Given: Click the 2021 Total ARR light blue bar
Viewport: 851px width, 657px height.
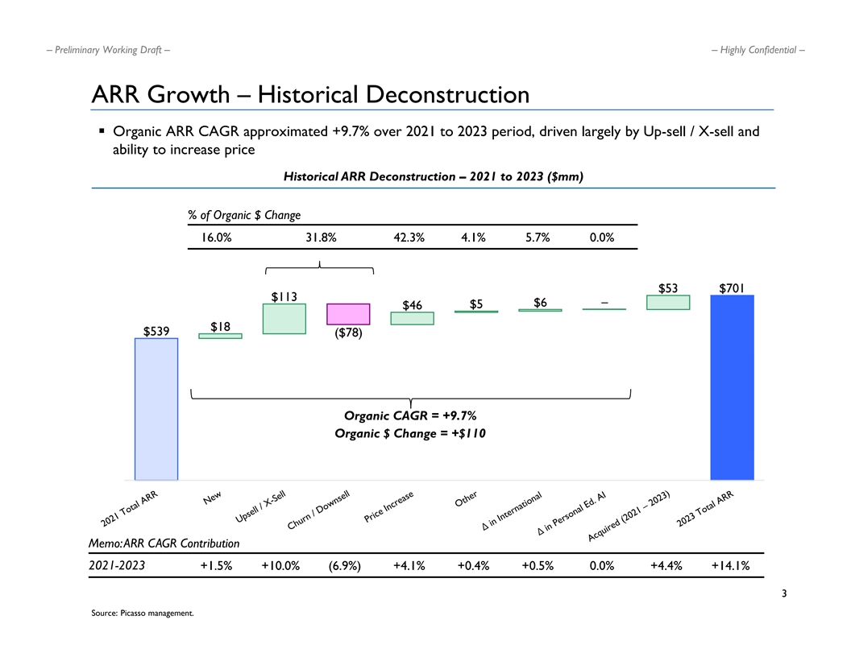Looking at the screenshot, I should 156,409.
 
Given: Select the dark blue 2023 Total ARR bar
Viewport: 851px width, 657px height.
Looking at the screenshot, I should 732,387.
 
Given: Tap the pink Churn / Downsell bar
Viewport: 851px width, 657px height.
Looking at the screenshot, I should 348,314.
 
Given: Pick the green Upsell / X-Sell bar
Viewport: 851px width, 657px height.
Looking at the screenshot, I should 284,319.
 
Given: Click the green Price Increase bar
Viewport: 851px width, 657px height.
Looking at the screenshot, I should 412,319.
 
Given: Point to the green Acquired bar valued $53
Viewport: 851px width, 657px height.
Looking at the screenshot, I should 668,302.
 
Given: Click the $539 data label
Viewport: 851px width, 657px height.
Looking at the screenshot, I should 156,331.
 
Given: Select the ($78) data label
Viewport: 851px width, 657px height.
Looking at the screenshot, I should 348,333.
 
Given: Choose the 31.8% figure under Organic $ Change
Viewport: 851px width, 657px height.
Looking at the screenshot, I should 321,238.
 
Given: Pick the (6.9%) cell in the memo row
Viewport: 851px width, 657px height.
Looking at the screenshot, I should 345,565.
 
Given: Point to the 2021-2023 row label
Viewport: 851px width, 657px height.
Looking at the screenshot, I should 116,565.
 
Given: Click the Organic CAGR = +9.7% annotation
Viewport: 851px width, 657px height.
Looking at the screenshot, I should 410,415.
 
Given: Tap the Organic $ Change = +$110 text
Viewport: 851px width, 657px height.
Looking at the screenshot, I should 410,434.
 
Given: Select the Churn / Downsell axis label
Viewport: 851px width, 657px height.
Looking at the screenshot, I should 320,511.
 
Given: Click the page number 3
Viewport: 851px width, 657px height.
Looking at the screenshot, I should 784,595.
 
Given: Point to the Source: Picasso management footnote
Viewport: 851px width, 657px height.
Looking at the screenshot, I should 143,614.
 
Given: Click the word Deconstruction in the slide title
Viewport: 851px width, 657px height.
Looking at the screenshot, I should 447,95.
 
